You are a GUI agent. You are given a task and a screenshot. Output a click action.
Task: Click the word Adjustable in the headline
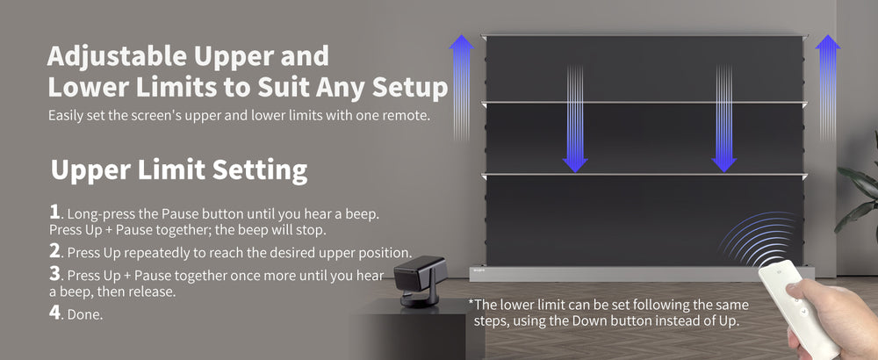117,56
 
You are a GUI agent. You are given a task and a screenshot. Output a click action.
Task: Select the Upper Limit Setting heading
179,170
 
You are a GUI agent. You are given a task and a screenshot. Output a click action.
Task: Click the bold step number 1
54,212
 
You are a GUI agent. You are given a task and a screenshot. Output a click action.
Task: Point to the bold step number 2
54,251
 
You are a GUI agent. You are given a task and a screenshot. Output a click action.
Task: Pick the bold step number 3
54,274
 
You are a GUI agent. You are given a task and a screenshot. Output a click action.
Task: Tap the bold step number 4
54,313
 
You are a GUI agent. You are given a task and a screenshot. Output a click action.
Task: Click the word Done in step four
84,314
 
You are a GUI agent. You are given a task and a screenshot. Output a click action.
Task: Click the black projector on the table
420,280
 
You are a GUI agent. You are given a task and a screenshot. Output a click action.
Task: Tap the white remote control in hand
798,306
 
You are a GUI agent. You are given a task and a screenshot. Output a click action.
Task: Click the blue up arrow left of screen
462,87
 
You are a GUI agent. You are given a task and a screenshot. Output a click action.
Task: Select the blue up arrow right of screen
828,87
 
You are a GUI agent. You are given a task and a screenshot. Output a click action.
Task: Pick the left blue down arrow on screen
575,119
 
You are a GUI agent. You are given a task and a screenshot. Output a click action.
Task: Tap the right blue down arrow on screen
724,119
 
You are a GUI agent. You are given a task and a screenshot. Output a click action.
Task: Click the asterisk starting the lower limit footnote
471,304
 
